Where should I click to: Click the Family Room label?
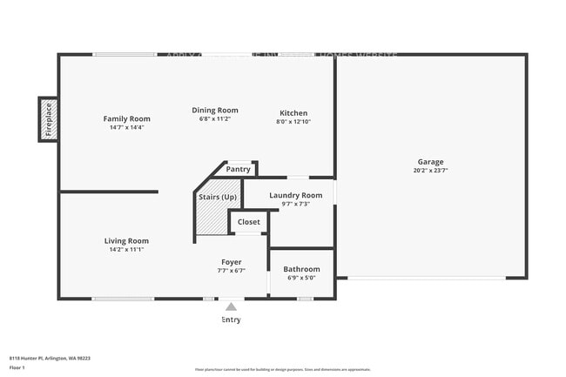(126, 118)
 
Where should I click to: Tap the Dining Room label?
(215, 111)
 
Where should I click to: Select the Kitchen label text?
(293, 113)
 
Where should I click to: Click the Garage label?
(430, 162)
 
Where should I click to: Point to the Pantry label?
(238, 169)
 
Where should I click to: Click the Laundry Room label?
(296, 195)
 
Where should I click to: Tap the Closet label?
(249, 222)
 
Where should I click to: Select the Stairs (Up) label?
(218, 198)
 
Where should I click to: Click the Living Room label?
(127, 241)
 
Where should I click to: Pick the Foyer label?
(231, 262)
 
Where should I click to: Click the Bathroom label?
(301, 269)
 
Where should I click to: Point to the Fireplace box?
(48, 119)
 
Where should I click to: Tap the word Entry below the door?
(231, 320)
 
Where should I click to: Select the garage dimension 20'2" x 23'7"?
(430, 171)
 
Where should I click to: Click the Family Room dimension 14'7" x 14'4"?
(126, 127)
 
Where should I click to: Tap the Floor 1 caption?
(17, 367)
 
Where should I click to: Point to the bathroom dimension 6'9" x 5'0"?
(301, 279)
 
